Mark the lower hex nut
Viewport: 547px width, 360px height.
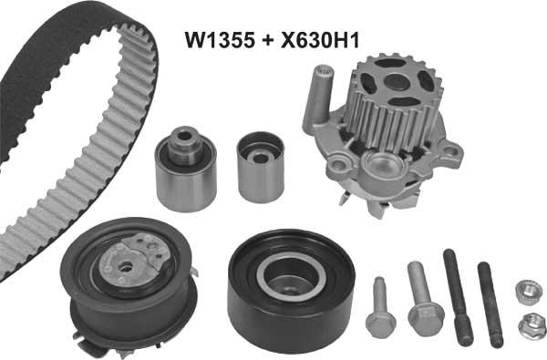530,324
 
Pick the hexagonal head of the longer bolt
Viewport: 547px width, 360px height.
425,317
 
